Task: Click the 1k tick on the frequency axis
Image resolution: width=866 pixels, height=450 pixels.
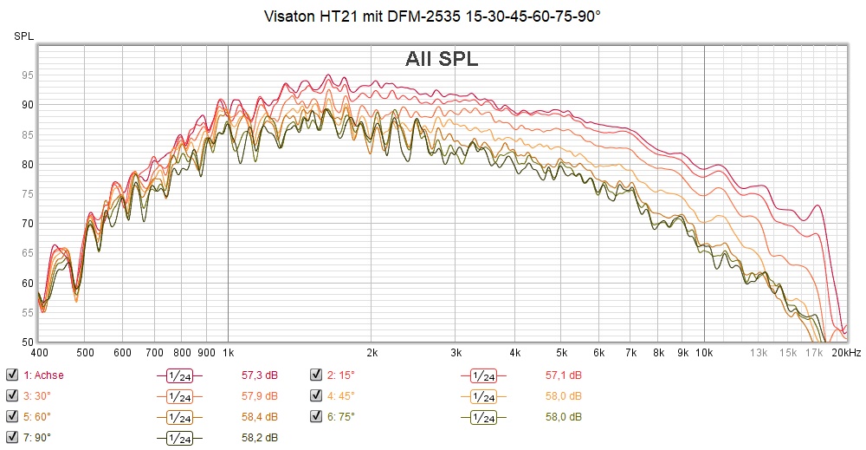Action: pyautogui.click(x=228, y=353)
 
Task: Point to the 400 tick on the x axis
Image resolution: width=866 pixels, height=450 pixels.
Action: pyautogui.click(x=39, y=353)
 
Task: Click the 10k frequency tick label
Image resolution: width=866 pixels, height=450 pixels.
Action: pyautogui.click(x=704, y=353)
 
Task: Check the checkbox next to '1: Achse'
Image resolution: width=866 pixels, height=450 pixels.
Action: pyautogui.click(x=12, y=375)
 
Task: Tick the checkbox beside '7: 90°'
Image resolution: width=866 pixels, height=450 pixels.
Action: pyautogui.click(x=12, y=437)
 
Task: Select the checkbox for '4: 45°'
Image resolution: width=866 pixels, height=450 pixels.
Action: pyautogui.click(x=316, y=396)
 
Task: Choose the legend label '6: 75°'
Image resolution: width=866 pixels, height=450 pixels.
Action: pyautogui.click(x=341, y=416)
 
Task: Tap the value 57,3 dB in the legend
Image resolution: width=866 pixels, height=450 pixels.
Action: pyautogui.click(x=259, y=375)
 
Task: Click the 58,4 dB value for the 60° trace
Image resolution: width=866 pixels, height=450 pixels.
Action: pyautogui.click(x=259, y=416)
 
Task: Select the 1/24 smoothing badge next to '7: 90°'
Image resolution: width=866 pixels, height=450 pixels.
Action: pyautogui.click(x=178, y=437)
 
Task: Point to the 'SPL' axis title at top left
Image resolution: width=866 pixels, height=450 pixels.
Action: pyautogui.click(x=23, y=36)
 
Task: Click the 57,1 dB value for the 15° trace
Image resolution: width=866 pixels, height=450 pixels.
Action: pyautogui.click(x=563, y=375)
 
